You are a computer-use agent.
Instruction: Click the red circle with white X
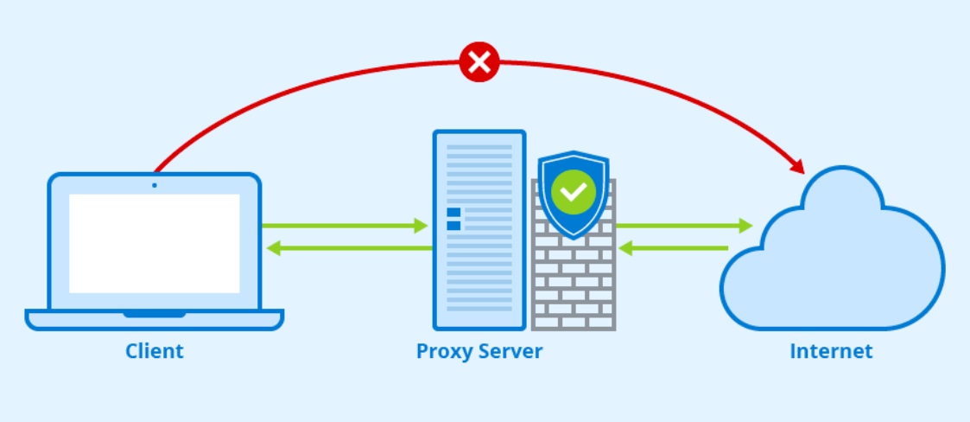[479, 62]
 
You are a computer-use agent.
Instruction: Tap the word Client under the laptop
[155, 351]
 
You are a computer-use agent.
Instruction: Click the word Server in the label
[507, 351]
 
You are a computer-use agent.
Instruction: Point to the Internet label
[831, 351]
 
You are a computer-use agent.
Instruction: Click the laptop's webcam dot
[155, 185]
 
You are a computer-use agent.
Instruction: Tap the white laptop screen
[154, 244]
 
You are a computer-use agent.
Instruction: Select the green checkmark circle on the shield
[574, 192]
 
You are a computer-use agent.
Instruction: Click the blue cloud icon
[833, 248]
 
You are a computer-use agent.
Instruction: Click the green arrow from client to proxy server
[345, 227]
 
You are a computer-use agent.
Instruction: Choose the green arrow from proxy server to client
[349, 248]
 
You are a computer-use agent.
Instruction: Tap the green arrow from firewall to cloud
[684, 227]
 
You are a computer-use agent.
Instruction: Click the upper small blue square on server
[453, 213]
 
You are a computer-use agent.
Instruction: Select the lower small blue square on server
[453, 226]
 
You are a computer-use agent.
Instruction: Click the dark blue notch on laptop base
[155, 314]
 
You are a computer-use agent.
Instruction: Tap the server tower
[479, 230]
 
